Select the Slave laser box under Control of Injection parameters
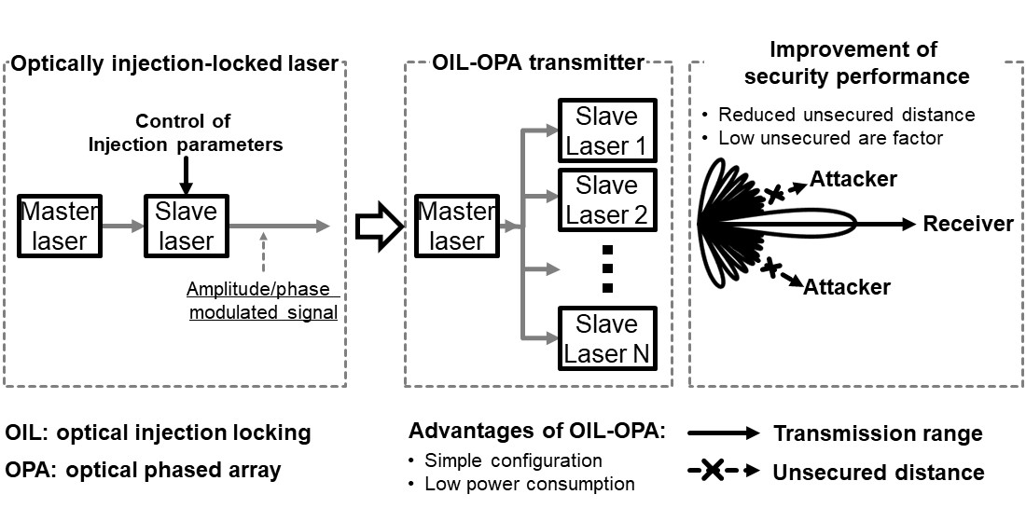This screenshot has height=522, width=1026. [187, 227]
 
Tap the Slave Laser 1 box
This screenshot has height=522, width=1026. [607, 131]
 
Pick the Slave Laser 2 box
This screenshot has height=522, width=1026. [607, 200]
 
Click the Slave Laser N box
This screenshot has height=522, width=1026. [607, 339]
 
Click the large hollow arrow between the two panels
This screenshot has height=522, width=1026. [378, 227]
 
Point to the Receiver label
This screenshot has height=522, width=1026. [967, 224]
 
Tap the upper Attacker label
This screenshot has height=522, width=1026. [853, 177]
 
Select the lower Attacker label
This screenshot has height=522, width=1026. [847, 287]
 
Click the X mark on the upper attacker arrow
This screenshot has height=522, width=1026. [774, 194]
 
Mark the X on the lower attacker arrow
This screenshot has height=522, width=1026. [770, 268]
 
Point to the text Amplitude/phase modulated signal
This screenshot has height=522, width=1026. [262, 300]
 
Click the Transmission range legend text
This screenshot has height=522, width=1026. [878, 433]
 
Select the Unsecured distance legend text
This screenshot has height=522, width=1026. [878, 472]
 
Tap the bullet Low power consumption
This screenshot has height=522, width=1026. [529, 484]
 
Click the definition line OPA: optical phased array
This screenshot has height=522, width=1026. [143, 470]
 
